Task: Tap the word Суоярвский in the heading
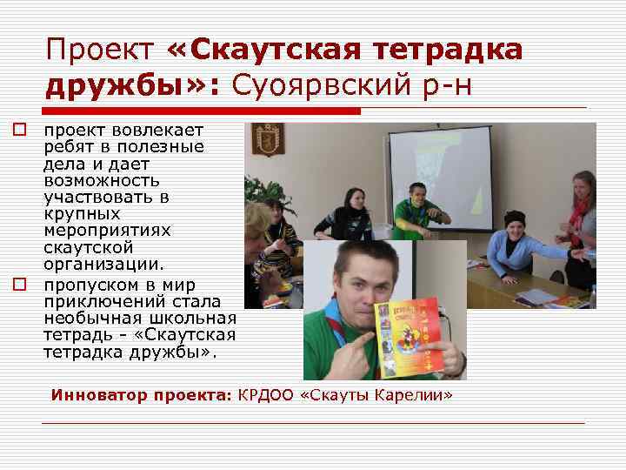(311, 86)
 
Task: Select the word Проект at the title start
(97, 50)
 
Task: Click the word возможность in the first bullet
(102, 181)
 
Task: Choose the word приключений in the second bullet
(106, 302)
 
